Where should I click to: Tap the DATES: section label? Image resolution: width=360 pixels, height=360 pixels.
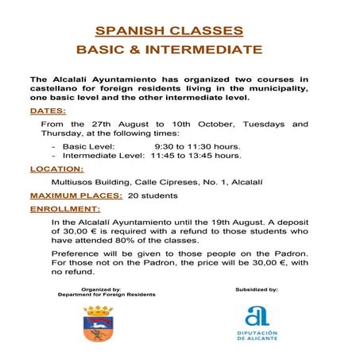click(x=48, y=111)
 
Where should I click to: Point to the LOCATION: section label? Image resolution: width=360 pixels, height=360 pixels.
click(x=56, y=169)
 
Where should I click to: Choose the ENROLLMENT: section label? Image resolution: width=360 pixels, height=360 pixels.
click(x=62, y=208)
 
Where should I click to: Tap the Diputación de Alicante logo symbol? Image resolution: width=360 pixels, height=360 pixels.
click(x=257, y=315)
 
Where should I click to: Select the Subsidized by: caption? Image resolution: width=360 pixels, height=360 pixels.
click(x=257, y=290)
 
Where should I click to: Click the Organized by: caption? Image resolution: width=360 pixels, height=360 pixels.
click(x=101, y=289)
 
